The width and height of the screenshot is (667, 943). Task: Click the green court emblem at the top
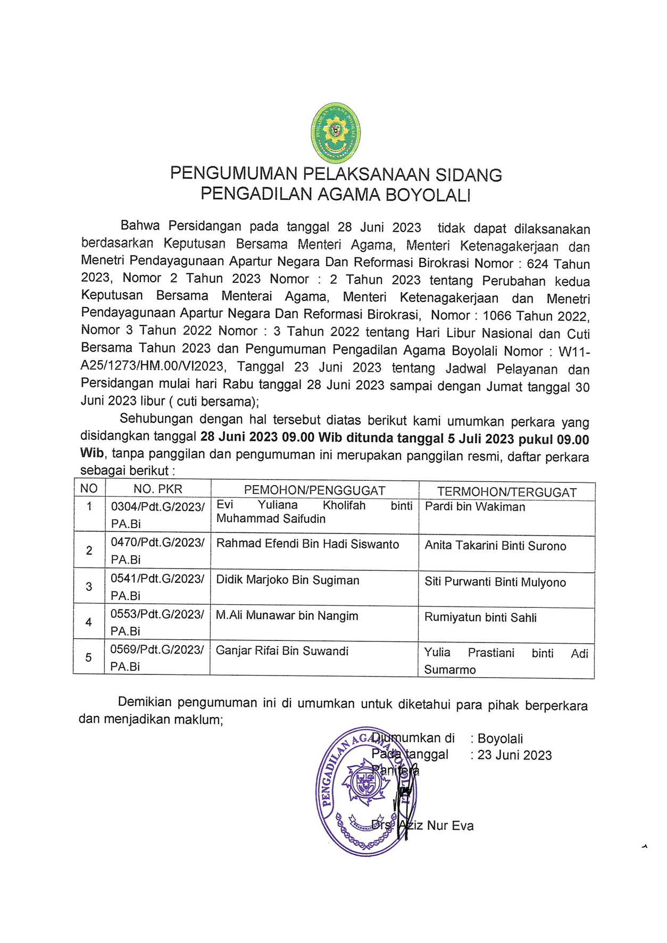click(335, 132)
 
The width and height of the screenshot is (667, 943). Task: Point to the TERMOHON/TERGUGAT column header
click(506, 492)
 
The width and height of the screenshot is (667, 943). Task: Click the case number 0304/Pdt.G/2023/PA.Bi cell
click(157, 515)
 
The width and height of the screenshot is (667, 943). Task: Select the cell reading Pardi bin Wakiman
click(474, 507)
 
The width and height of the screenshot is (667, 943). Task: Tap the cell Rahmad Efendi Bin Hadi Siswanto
click(307, 544)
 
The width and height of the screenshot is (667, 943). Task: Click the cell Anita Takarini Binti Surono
click(495, 546)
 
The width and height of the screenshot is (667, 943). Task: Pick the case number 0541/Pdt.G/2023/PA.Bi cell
click(157, 587)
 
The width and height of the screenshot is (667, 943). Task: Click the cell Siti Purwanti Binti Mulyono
click(495, 582)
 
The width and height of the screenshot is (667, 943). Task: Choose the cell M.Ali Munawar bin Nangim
click(287, 616)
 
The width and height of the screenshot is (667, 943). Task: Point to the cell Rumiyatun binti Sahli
click(480, 618)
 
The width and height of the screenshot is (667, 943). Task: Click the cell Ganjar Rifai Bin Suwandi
click(282, 651)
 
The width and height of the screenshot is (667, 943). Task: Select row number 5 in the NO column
click(88, 658)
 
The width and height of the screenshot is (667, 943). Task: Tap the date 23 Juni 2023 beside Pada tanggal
click(514, 755)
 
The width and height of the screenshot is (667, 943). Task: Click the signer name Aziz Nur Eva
click(436, 825)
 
